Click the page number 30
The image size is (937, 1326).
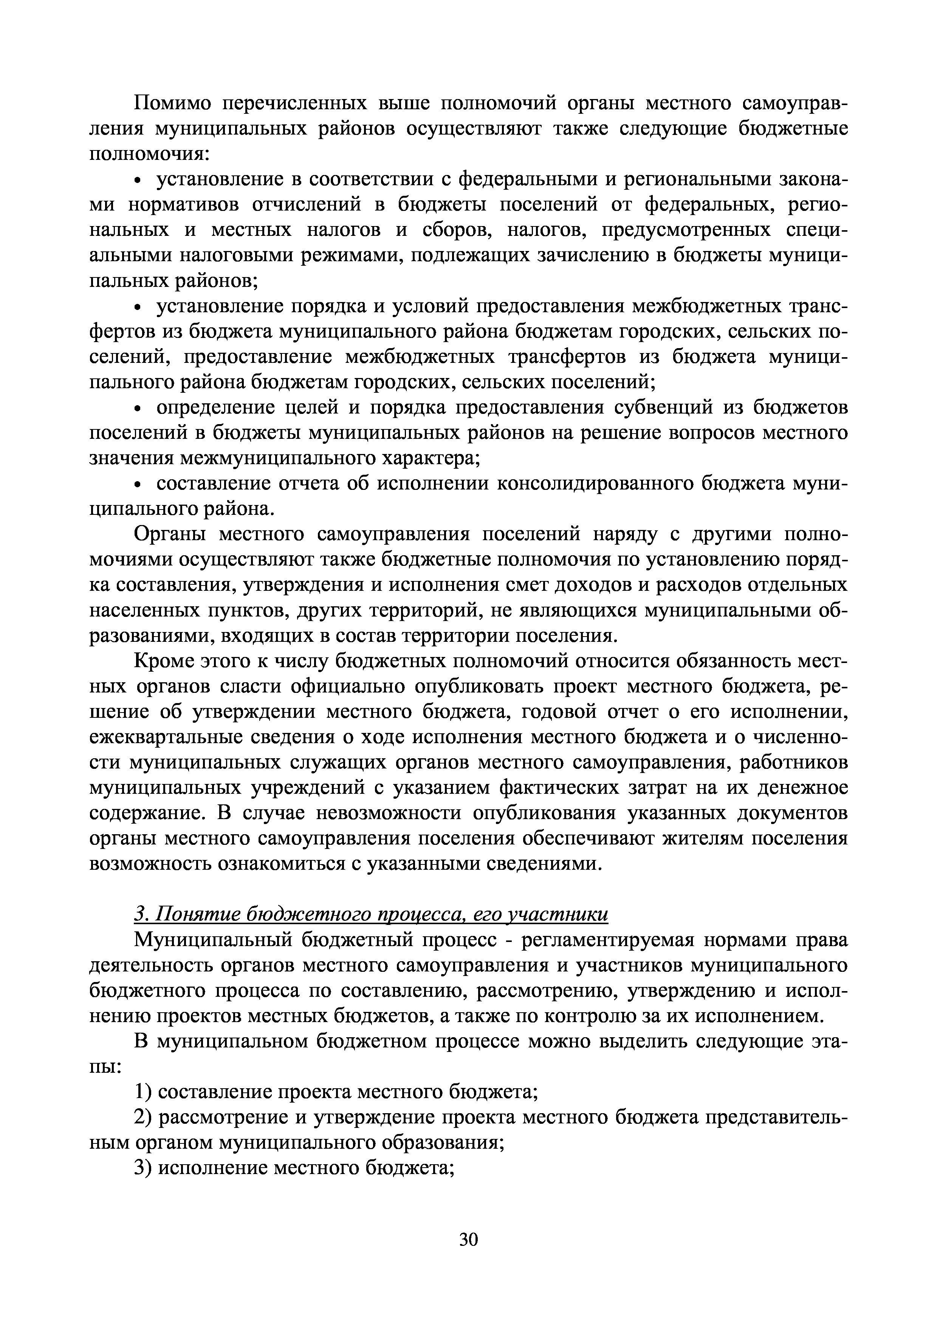468,1238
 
